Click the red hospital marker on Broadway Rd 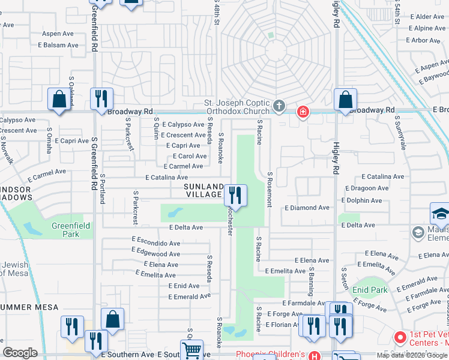(x=303, y=112)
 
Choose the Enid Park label (x=370, y=290)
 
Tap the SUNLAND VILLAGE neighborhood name (x=203, y=190)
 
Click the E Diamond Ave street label (x=307, y=208)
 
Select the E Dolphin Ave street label (x=365, y=200)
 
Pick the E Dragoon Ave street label (x=366, y=188)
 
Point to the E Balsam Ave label (x=58, y=45)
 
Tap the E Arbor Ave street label (x=425, y=41)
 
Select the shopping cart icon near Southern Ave (x=191, y=350)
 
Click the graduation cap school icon (x=440, y=214)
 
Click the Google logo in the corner (x=20, y=353)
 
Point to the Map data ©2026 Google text (x=412, y=355)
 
